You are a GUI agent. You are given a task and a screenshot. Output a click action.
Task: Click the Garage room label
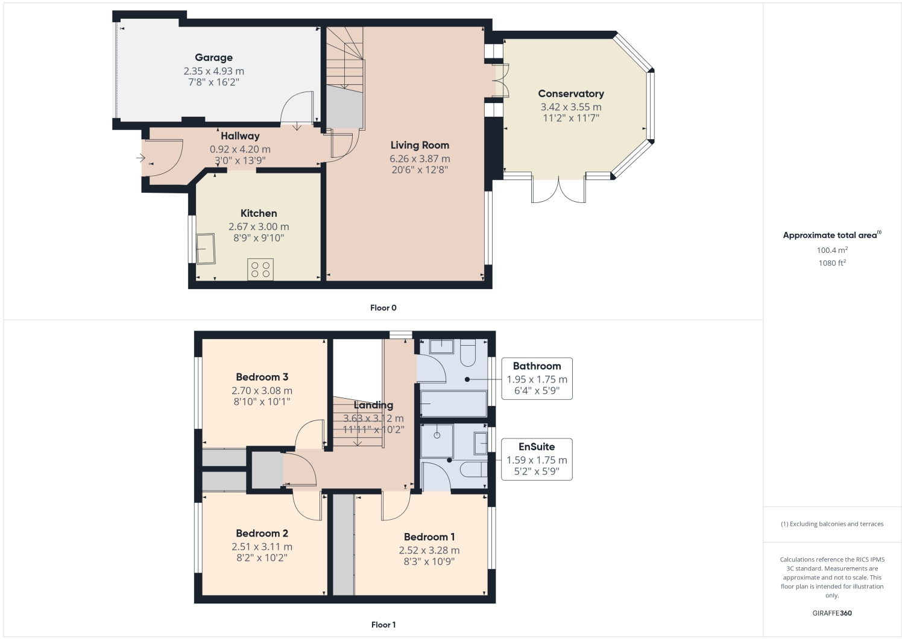pyautogui.click(x=213, y=58)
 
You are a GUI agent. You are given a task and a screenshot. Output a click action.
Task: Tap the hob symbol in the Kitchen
pyautogui.click(x=260, y=269)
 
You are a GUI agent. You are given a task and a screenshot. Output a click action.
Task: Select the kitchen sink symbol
pyautogui.click(x=206, y=249)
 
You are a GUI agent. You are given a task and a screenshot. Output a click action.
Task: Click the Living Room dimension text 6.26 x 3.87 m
pyautogui.click(x=420, y=158)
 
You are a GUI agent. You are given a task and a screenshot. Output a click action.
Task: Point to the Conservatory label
pyautogui.click(x=570, y=94)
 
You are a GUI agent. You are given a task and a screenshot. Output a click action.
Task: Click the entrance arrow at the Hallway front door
pyautogui.click(x=140, y=158)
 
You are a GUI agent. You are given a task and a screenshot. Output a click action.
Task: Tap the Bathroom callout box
pyautogui.click(x=537, y=379)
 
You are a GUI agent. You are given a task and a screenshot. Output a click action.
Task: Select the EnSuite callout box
pyautogui.click(x=537, y=460)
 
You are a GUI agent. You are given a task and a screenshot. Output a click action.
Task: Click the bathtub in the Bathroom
pyautogui.click(x=453, y=403)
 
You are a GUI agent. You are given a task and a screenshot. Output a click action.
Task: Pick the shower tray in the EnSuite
pyautogui.click(x=437, y=440)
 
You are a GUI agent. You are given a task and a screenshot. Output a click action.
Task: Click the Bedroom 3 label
pyautogui.click(x=262, y=377)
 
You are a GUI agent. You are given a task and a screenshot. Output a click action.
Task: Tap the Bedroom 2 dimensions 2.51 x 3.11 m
pyautogui.click(x=262, y=547)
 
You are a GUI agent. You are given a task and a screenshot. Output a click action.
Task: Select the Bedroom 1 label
pyautogui.click(x=429, y=537)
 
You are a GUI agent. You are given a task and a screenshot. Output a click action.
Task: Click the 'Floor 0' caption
pyautogui.click(x=383, y=308)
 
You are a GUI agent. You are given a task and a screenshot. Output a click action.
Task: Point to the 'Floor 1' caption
pyautogui.click(x=383, y=625)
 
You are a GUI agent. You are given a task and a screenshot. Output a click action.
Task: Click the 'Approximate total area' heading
pyautogui.click(x=830, y=235)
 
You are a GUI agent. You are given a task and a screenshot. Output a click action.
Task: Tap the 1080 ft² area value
pyautogui.click(x=832, y=263)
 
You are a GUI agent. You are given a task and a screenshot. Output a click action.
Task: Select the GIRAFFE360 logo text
pyautogui.click(x=832, y=613)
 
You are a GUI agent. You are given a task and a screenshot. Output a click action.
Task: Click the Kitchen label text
pyautogui.click(x=259, y=213)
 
